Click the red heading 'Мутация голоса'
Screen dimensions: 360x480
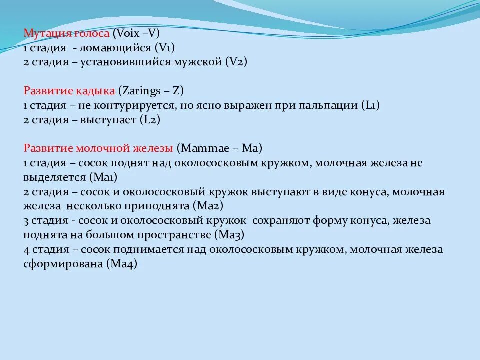[67, 34]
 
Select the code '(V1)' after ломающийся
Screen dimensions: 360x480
[165, 48]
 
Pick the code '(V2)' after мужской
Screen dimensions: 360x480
[236, 62]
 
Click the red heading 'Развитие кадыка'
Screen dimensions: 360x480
[69, 91]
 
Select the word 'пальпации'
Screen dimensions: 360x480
[329, 106]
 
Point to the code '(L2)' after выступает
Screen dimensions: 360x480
[150, 120]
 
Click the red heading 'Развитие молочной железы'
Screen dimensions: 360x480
[98, 149]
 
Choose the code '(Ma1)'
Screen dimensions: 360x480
[103, 177]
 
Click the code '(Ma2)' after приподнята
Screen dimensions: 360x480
[209, 206]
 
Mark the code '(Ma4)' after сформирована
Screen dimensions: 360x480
[121, 264]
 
